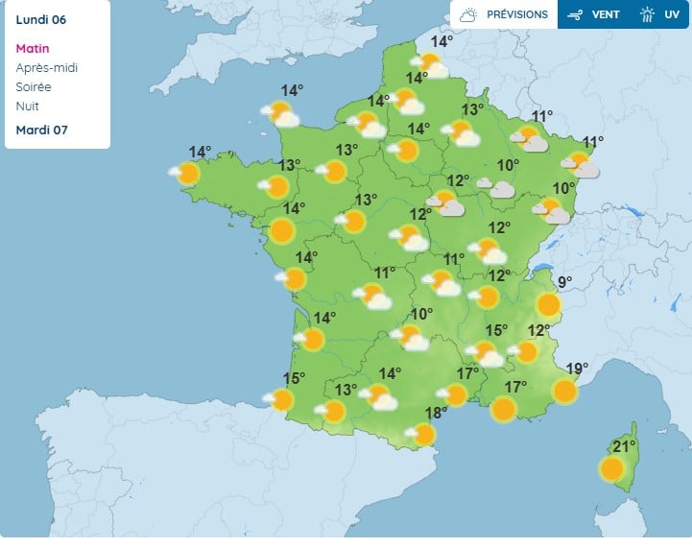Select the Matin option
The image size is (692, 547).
[x=33, y=49]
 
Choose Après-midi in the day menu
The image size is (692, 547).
[x=47, y=68]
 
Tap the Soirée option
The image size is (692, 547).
[x=35, y=87]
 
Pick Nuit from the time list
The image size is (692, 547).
[x=28, y=107]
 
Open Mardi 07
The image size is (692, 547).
[x=41, y=131]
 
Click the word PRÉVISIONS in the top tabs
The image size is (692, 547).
[x=517, y=15]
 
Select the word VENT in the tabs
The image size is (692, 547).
[x=605, y=15]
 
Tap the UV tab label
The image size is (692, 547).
[x=672, y=15]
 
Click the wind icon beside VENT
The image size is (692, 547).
[x=576, y=15]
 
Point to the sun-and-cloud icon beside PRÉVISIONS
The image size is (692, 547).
[x=468, y=15]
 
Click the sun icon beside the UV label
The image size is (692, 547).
[x=648, y=15]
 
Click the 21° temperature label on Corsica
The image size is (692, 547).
[x=625, y=446]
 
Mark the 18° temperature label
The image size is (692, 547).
[x=436, y=414]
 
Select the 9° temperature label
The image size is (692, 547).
[x=564, y=282]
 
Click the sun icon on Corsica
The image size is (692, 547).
[x=611, y=468]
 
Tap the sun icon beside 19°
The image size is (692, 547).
[x=565, y=391]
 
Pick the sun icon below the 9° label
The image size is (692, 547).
[x=548, y=305]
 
